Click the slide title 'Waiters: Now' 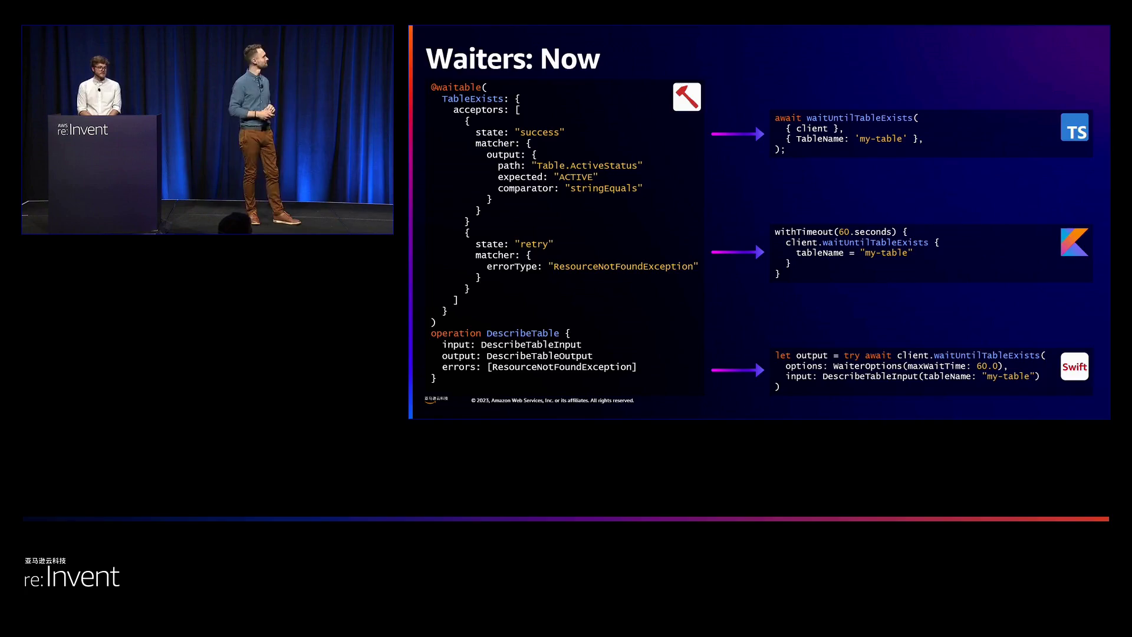coord(512,59)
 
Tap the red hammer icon coord(687,97)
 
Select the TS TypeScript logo coord(1074,127)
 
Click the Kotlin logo coord(1074,242)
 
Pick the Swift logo coord(1074,367)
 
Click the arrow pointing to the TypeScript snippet coord(738,134)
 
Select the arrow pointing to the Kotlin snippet coord(738,252)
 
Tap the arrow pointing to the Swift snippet coord(738,370)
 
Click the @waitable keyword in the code coord(456,87)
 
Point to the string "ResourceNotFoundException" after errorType coord(623,267)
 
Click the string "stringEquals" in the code coord(603,188)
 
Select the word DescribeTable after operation coord(522,333)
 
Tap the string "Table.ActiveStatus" coord(587,166)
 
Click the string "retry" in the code coord(534,244)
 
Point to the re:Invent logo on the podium coord(83,129)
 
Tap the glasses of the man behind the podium coord(100,68)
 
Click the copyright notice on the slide coord(552,400)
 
